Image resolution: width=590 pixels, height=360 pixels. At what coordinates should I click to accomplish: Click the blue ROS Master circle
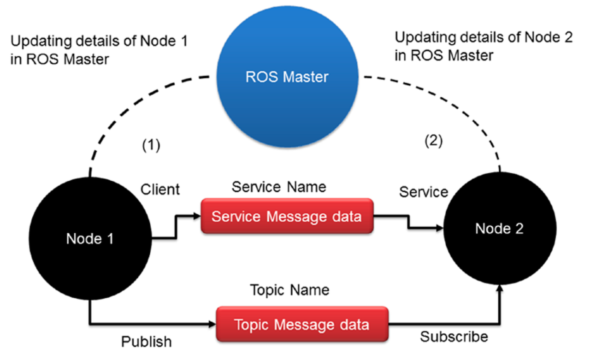[287, 76]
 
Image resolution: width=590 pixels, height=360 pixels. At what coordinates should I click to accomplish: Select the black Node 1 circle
[90, 239]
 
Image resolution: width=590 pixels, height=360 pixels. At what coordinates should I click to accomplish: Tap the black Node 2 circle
[499, 229]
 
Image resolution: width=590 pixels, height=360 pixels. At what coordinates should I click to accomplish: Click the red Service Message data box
[286, 216]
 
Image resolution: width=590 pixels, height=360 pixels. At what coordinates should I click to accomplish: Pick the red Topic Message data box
[302, 324]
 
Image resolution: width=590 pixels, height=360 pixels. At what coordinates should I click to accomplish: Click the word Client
[160, 189]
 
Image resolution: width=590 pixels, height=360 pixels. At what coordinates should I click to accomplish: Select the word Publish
[146, 342]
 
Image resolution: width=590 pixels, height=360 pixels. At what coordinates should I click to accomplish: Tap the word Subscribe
[454, 337]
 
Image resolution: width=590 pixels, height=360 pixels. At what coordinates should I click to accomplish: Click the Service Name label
[279, 187]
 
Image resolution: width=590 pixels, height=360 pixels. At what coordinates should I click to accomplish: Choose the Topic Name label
[289, 290]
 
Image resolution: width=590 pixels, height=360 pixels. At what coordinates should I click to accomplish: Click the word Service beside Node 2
[423, 192]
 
